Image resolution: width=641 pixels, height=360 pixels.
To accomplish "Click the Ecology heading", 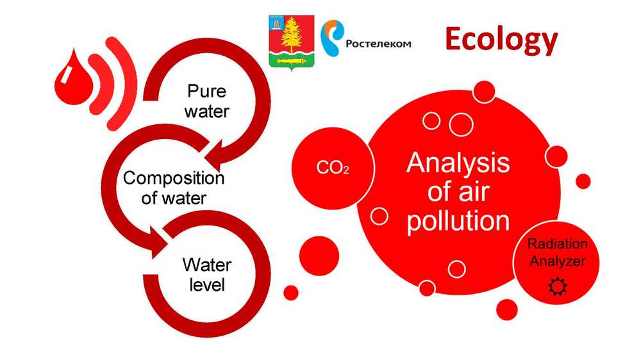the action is [x=501, y=41].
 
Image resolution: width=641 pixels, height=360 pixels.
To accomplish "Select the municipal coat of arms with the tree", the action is [x=292, y=42].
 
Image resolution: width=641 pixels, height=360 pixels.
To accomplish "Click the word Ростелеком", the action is [x=378, y=44].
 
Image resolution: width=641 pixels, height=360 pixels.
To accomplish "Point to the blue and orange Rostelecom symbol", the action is [x=331, y=38].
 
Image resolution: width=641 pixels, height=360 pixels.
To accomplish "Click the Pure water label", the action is [x=206, y=101].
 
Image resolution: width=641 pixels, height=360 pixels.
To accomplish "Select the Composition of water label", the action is [x=174, y=188].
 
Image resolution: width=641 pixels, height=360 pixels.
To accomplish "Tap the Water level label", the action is [x=207, y=275].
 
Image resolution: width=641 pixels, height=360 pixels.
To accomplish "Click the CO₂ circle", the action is [x=332, y=168].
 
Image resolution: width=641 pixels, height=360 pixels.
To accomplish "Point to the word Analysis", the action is [x=458, y=163].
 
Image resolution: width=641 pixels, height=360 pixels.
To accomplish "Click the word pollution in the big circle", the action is [x=458, y=222].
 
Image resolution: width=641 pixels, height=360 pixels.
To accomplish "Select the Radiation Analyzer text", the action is [x=557, y=252].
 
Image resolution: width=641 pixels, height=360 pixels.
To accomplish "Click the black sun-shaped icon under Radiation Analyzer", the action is [x=558, y=286].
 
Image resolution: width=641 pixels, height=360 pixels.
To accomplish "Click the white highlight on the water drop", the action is [x=65, y=75].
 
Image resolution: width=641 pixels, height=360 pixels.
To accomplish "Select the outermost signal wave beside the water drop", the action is [x=121, y=83].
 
